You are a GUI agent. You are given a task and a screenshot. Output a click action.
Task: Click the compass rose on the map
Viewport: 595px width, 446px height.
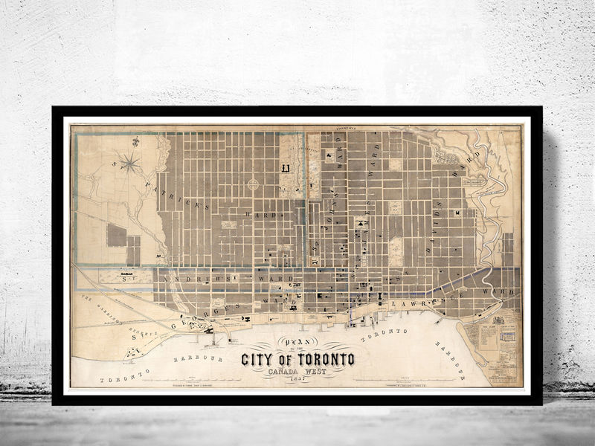click(129, 161)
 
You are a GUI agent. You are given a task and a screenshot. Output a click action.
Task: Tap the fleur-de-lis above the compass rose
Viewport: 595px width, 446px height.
click(136, 141)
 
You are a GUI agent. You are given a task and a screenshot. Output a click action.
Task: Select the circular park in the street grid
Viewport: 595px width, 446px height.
click(254, 184)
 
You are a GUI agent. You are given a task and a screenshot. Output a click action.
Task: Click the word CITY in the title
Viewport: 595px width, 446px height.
click(260, 360)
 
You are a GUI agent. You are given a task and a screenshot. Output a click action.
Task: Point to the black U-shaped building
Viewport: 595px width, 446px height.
click(285, 169)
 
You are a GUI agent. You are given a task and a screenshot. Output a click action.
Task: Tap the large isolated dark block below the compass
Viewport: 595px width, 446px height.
click(117, 235)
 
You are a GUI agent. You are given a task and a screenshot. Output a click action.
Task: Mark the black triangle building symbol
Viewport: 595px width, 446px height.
click(361, 222)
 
